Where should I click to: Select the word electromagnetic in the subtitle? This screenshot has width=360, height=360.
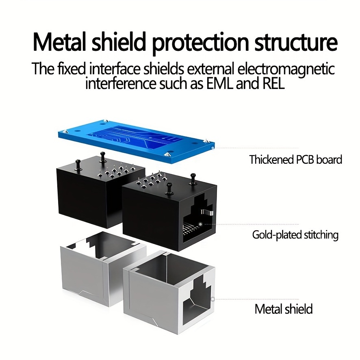[285, 69]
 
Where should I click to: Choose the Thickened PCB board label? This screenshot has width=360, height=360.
[295, 159]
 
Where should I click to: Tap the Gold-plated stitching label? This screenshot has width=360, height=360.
[295, 235]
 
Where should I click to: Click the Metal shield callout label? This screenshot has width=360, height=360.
[284, 309]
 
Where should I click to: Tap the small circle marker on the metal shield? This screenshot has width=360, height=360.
[213, 299]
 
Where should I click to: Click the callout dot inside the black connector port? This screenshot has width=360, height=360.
[200, 224]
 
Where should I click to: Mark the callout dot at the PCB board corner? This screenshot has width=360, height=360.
[213, 147]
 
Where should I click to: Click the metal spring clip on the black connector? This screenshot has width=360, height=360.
[207, 213]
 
